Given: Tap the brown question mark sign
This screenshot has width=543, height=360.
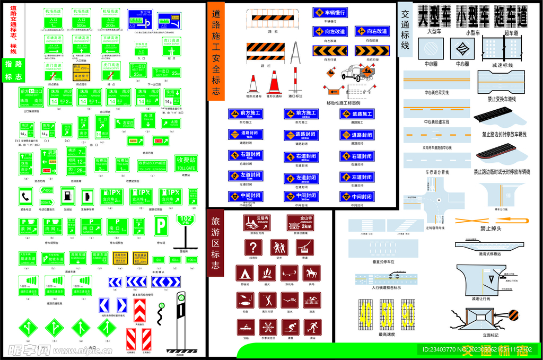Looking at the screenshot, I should [253, 248].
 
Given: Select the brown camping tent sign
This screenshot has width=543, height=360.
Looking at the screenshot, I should [244, 274].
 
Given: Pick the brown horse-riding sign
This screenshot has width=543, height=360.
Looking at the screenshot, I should [311, 273].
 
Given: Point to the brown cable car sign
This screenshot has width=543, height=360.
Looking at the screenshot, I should [304, 248].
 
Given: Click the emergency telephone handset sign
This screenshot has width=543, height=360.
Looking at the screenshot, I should [25, 196].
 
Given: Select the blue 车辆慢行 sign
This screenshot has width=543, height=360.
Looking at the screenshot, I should [329, 12].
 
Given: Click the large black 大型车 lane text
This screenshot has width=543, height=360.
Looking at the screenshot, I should [434, 16].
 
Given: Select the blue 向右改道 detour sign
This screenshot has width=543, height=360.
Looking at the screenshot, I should [374, 31].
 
